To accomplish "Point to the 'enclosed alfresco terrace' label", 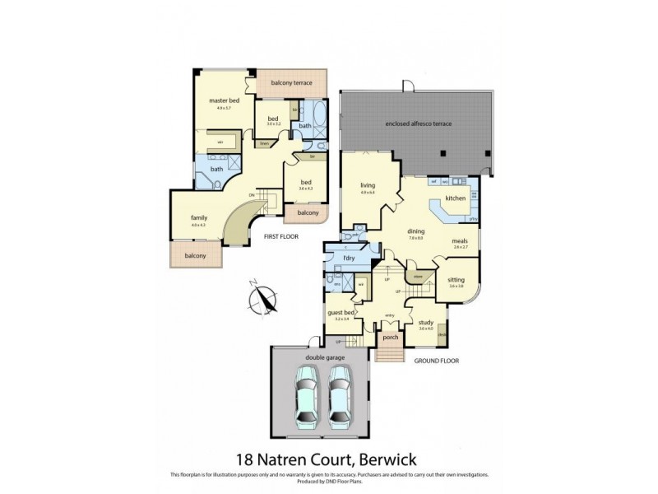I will click(x=419, y=123).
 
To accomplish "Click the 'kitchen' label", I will click(x=456, y=198).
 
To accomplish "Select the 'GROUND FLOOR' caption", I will click(x=435, y=361).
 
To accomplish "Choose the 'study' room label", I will click(x=425, y=323).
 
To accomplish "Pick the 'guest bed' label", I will click(x=341, y=313).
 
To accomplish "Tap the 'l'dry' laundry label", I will click(x=349, y=260).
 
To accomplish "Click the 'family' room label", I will click(x=198, y=218).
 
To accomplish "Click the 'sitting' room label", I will click(x=456, y=280).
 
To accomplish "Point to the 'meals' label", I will click(x=460, y=241).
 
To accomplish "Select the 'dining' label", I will click(x=415, y=231).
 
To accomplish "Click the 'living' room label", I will click(x=367, y=185).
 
